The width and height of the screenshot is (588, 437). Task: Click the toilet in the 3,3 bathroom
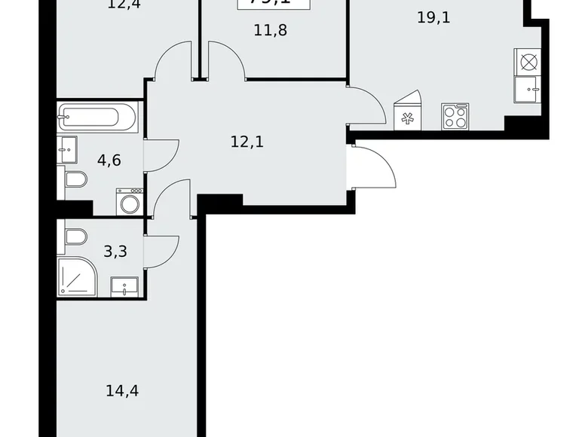click(x=76, y=237)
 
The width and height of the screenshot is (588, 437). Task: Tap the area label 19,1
click(x=433, y=17)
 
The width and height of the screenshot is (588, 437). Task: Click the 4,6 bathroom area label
click(x=110, y=159)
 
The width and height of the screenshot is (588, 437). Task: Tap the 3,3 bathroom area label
click(x=115, y=252)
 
